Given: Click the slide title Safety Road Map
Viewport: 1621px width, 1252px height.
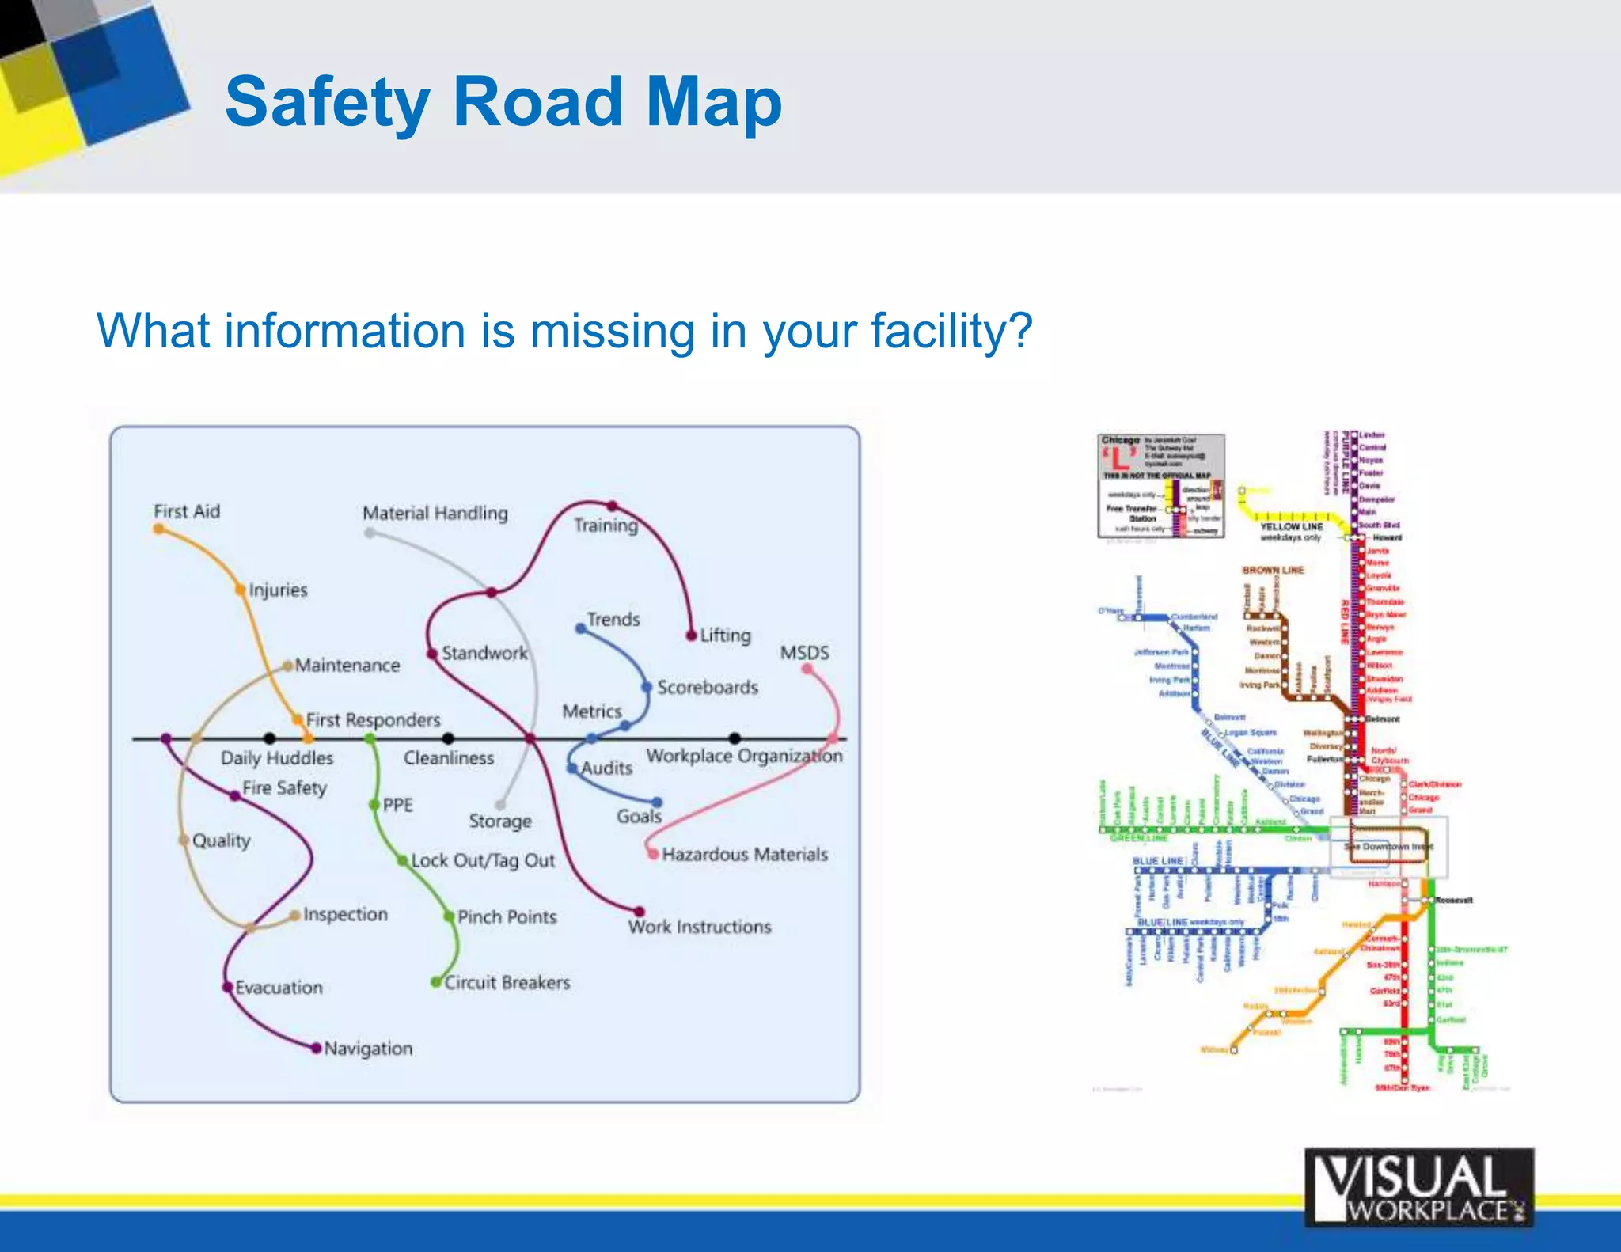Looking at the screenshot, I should point(503,103).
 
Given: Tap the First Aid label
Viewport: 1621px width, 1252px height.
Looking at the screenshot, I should point(187,511).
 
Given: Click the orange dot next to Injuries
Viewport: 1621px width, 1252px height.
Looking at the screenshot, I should point(240,589).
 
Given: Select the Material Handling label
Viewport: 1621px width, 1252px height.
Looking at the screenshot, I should point(435,513).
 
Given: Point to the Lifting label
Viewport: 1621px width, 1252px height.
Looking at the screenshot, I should point(725,635).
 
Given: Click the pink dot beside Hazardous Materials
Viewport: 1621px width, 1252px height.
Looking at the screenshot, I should point(653,854).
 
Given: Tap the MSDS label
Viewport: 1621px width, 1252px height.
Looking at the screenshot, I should point(805,653).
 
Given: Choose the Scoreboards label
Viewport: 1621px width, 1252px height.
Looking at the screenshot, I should point(708,687).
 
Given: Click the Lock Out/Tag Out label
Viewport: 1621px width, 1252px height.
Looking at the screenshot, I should point(483,860).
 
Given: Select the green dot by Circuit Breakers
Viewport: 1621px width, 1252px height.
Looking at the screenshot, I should point(435,982).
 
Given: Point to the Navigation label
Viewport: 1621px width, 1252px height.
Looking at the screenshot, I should point(368,1048).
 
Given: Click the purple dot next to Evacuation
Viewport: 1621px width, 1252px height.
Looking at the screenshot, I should point(227,987).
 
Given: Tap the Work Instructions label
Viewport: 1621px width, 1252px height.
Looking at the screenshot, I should point(700,927).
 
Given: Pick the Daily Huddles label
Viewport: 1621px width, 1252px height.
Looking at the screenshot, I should point(277,758).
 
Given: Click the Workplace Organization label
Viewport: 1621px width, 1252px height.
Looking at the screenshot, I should point(744,756).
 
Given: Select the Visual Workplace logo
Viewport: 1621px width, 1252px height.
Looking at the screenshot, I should point(1418,1187).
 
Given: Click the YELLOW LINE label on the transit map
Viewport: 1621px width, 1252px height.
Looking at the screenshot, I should point(1291,526).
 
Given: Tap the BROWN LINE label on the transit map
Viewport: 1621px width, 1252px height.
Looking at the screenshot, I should point(1273,570).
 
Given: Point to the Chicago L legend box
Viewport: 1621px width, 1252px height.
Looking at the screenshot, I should point(1161,485).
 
